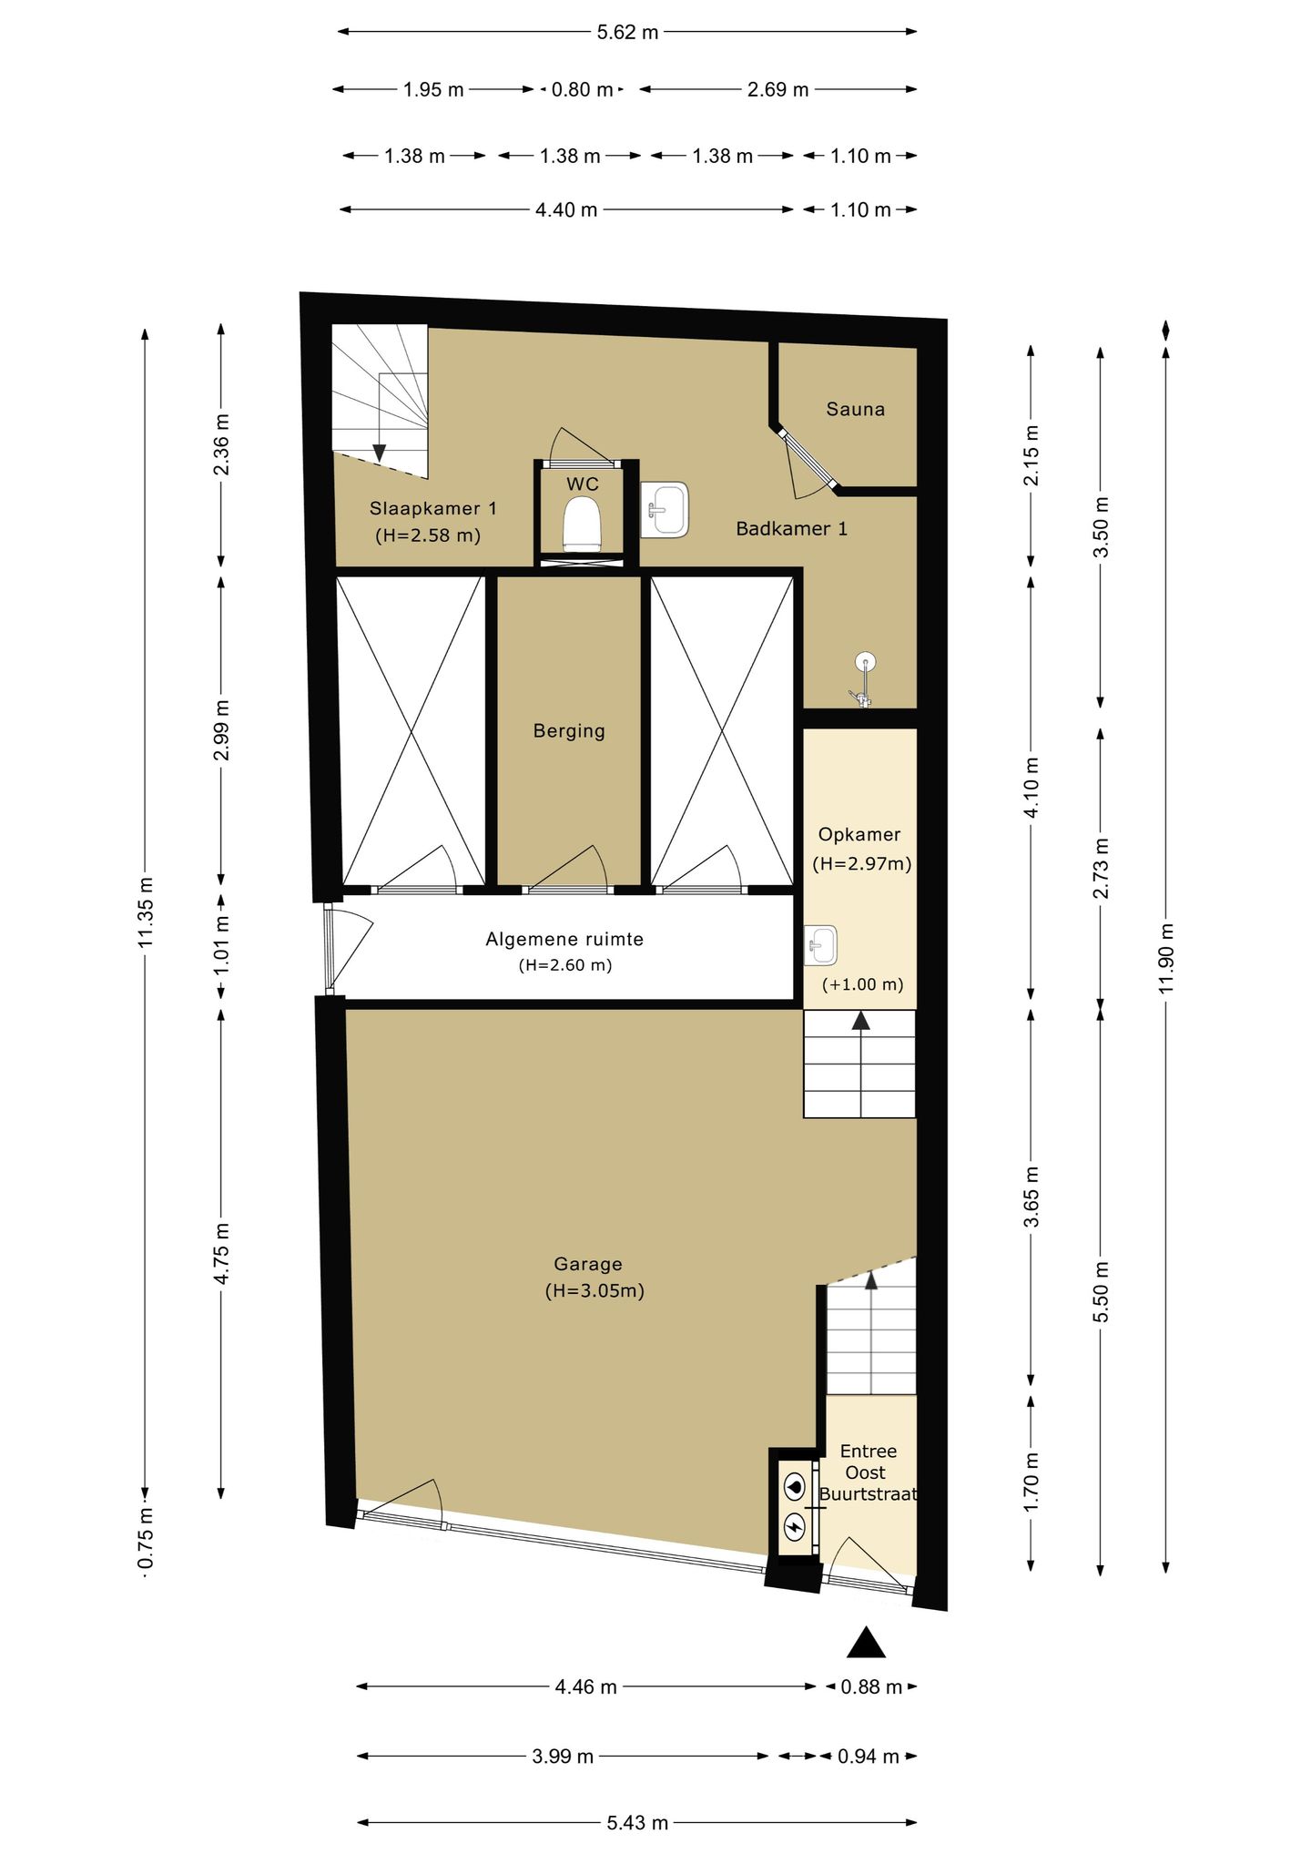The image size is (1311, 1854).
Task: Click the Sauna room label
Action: point(855,409)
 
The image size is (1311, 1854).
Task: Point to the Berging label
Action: point(569,730)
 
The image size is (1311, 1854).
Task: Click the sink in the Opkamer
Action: point(821,945)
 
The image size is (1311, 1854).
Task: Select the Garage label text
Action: point(588,1264)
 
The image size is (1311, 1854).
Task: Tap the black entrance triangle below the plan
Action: point(866,1642)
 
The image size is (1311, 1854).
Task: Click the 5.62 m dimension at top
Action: point(627,32)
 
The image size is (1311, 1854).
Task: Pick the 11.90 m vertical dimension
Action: point(1167,959)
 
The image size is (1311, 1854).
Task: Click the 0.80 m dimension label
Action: point(583,89)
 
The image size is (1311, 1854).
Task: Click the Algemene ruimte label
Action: point(564,939)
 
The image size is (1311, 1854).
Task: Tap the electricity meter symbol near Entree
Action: point(795,1524)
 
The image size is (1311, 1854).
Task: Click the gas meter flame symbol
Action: point(795,1487)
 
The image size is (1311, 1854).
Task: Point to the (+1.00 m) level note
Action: point(862,984)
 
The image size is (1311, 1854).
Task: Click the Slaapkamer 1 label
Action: point(433,508)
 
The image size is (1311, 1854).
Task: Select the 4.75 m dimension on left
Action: point(221,1254)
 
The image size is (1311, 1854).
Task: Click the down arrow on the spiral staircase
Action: point(379,452)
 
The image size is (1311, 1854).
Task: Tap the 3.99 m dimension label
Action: point(563,1757)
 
